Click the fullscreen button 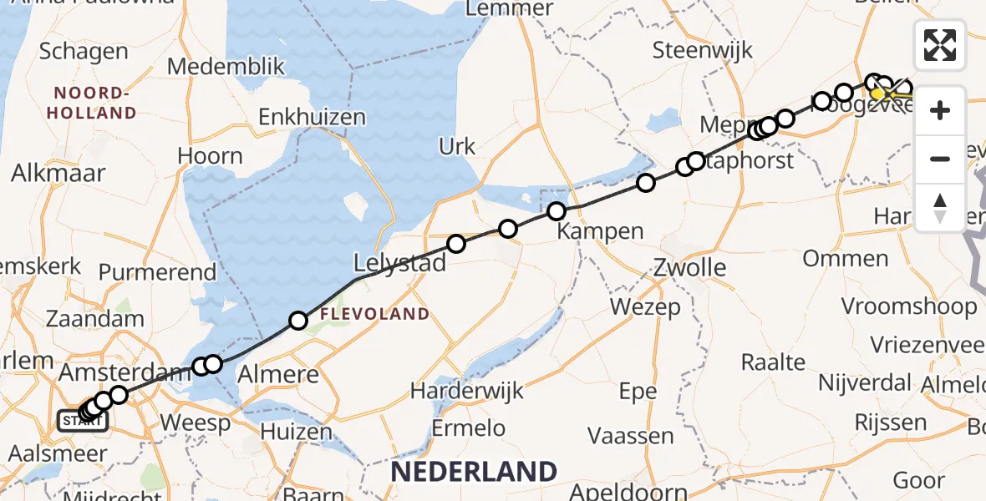pos(940,45)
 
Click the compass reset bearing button pos(940,207)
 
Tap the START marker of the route pos(82,421)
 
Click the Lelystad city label pos(400,263)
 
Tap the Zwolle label pos(690,268)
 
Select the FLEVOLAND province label pos(374,315)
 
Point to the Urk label pos(457,146)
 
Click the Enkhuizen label pos(313,117)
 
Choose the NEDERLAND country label pos(473,472)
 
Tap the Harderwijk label pos(467,390)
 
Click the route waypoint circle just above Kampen pos(557,211)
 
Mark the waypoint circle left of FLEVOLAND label pos(298,320)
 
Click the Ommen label pos(845,258)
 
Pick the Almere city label pos(279,374)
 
